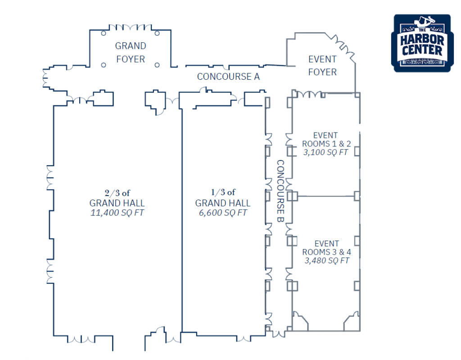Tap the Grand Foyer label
pos(131,52)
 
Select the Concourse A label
pos(228,77)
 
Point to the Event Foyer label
pos(322,65)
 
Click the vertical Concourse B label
pos(280,191)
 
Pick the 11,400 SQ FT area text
pos(117,213)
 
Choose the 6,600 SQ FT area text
pos(223,213)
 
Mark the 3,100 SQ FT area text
pos(326,152)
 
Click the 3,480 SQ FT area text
pos(327,260)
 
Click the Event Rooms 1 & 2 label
pos(326,140)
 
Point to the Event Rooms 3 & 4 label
pos(327,248)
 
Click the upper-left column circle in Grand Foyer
pos(104,33)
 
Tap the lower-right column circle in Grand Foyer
pos(157,65)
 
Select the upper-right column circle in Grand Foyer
pos(157,33)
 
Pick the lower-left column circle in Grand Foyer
pos(104,65)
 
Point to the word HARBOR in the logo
pos(422,40)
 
